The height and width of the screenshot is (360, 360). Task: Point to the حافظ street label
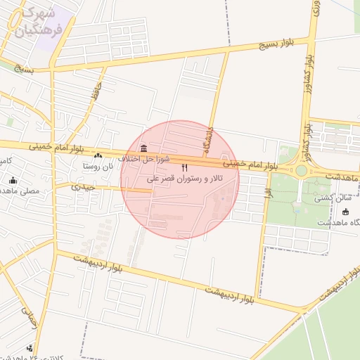click(96, 91)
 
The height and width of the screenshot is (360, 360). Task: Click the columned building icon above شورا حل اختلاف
click(144, 148)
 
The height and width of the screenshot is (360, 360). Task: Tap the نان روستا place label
click(98, 167)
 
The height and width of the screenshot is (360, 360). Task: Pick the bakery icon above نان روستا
click(98, 155)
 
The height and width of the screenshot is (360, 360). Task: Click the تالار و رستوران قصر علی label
click(185, 179)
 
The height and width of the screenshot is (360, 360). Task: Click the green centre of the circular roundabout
click(302, 170)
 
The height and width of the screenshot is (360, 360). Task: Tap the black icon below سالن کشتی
click(345, 212)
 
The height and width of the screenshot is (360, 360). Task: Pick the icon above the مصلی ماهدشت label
click(13, 180)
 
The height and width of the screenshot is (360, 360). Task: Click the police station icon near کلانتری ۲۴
click(30, 347)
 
